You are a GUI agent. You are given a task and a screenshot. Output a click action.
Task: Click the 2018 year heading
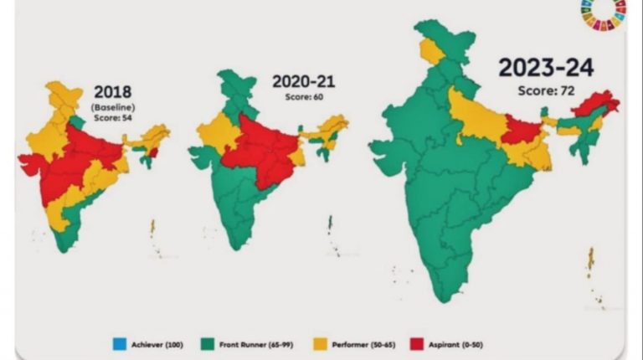(x=113, y=92)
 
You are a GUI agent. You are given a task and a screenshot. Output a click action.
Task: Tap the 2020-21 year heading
(x=299, y=82)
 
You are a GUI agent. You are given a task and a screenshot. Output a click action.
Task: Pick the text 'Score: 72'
(x=544, y=90)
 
